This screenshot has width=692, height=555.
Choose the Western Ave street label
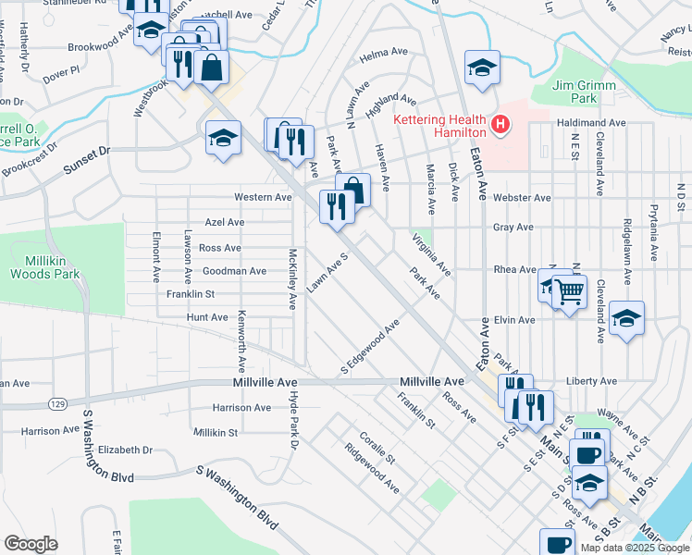pos(263,197)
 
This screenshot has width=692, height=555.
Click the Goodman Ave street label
pos(234,271)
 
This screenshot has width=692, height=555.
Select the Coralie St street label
pos(377,446)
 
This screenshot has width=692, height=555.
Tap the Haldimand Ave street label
pos(591,123)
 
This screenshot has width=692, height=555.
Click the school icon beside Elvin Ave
pos(626,319)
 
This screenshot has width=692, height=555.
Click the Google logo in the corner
pos(31,544)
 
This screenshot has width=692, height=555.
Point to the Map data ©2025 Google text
pos(636,548)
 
